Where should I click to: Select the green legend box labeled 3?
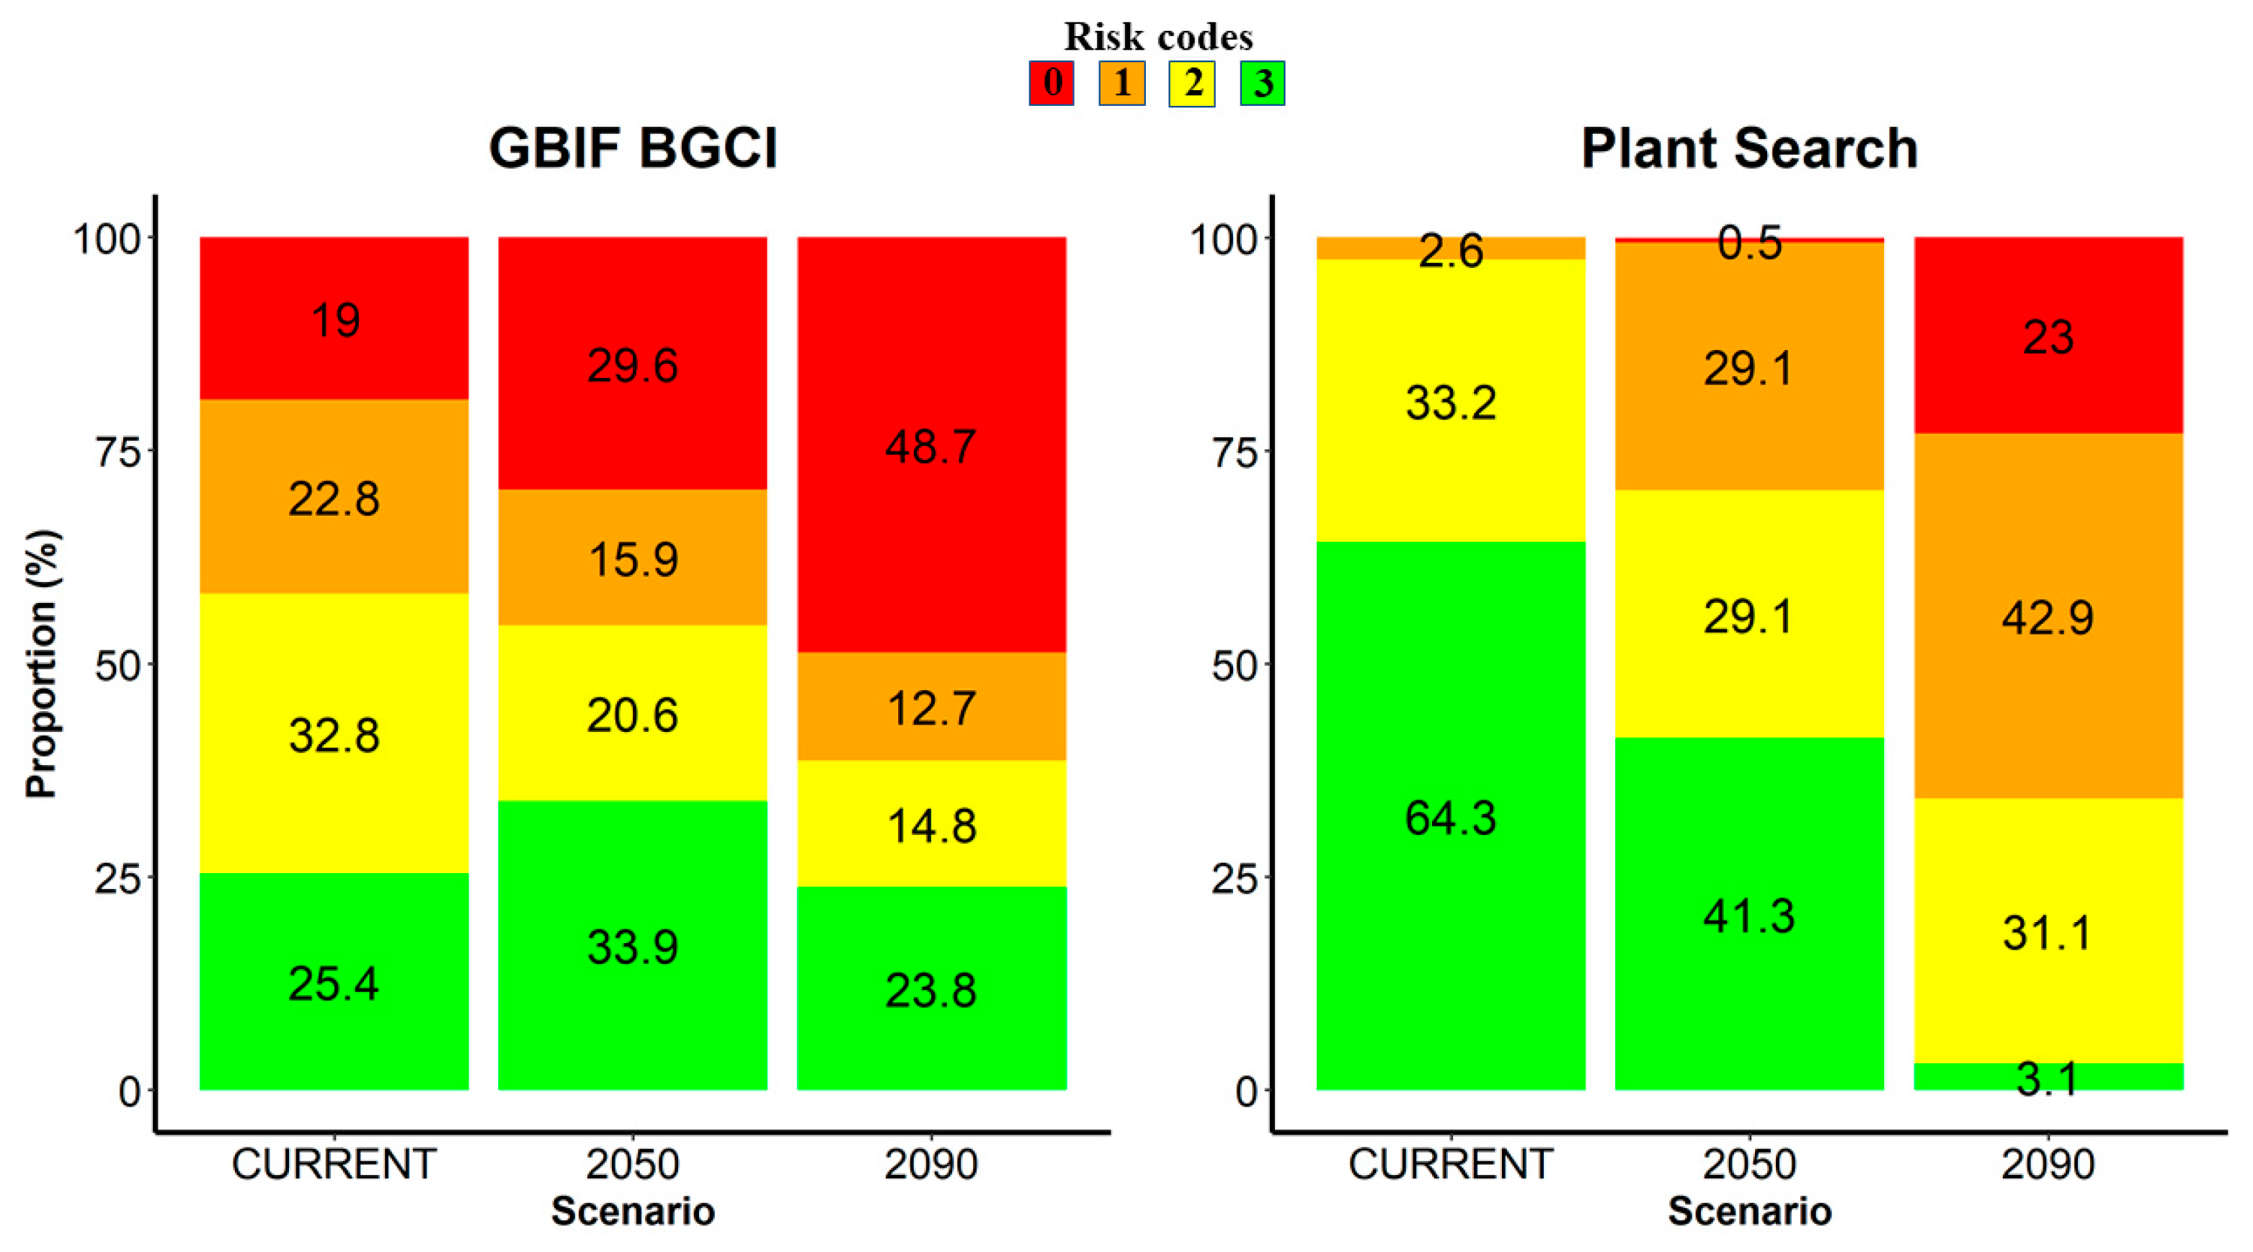(x=1262, y=83)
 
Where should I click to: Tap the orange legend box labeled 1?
(x=1121, y=83)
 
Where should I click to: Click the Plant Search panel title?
(x=1749, y=148)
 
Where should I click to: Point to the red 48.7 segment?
(x=930, y=446)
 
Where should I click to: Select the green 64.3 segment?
(x=1450, y=818)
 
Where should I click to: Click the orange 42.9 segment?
(x=2048, y=617)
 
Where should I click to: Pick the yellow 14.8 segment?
(x=930, y=826)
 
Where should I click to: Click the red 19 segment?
(x=334, y=319)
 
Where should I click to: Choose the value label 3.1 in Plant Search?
(x=2048, y=1079)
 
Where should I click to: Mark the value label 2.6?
(x=1450, y=251)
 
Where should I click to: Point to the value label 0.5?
(x=1749, y=243)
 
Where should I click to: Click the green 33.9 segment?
(x=632, y=946)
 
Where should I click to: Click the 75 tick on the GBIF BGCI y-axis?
(x=117, y=452)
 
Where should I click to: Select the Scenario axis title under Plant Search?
(x=1749, y=1212)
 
